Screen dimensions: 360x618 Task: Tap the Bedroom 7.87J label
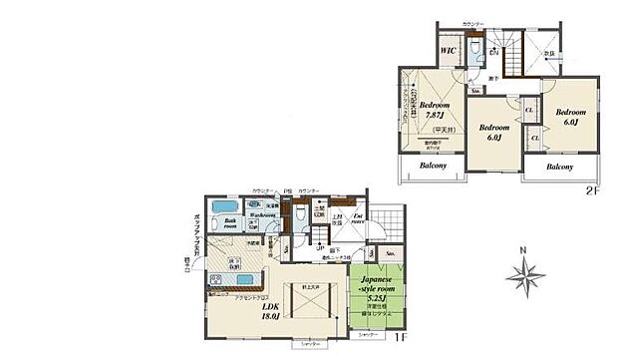[435, 111]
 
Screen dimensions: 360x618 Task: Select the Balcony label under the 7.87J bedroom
[433, 166]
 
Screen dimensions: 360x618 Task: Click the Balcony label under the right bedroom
[560, 167]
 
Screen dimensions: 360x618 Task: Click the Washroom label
[262, 214]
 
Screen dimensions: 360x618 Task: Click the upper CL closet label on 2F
[529, 111]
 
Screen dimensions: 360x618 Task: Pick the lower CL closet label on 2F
[535, 139]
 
